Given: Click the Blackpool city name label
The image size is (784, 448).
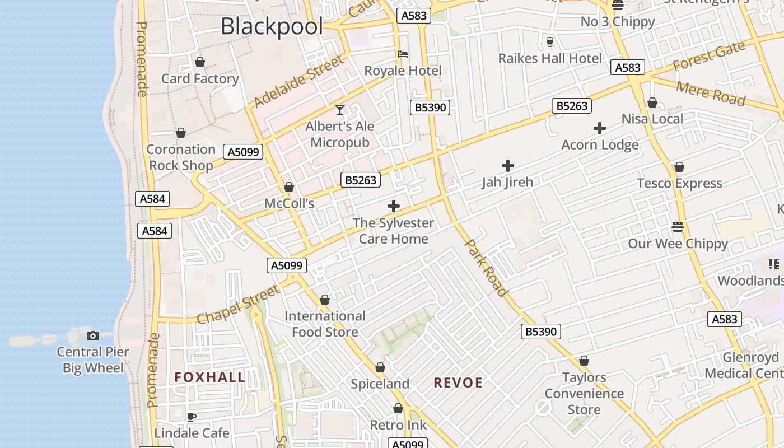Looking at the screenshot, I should (x=272, y=26).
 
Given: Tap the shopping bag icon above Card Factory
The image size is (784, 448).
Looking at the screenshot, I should (x=199, y=62).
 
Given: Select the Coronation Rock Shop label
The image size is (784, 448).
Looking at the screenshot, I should (x=181, y=157).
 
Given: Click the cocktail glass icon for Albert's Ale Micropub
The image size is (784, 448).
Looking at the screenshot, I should (x=339, y=110).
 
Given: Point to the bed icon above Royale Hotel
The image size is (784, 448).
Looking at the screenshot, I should (x=402, y=54).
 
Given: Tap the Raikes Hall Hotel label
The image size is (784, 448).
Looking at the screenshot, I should (x=550, y=58).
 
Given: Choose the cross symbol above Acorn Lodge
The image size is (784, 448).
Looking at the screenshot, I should (x=600, y=128).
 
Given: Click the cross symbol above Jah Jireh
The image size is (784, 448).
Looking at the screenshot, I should (x=508, y=166).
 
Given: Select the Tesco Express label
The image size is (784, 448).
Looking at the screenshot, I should (x=679, y=183).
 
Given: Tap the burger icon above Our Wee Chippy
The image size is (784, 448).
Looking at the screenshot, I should (x=678, y=227).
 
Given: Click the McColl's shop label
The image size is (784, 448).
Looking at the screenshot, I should (x=289, y=203).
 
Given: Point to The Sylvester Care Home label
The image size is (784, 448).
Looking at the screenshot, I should (x=393, y=231).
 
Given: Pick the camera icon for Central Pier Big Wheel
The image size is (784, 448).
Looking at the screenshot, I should (x=93, y=335).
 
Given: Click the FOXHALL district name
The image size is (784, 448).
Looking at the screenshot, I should (x=209, y=377).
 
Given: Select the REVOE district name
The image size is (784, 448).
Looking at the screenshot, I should (x=458, y=382).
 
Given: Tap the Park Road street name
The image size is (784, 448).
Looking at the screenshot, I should (x=487, y=268).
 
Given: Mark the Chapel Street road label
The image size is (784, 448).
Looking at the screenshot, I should (x=238, y=305).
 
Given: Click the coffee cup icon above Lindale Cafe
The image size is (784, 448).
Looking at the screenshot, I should (x=192, y=417).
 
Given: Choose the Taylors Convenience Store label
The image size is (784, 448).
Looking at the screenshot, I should (x=584, y=393).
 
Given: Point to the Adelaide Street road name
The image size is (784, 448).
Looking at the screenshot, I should (x=298, y=82).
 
